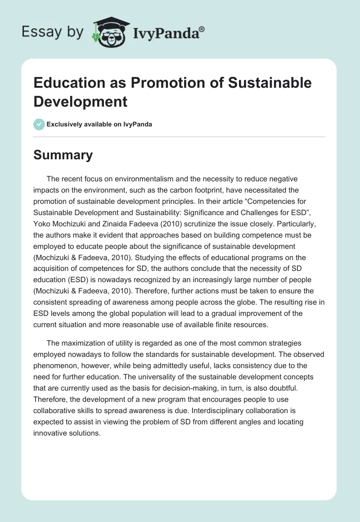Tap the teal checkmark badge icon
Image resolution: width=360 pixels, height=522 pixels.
coord(39,124)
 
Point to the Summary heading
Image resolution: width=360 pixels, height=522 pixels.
coord(63,155)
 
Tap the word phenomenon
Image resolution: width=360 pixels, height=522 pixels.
coord(54,364)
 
